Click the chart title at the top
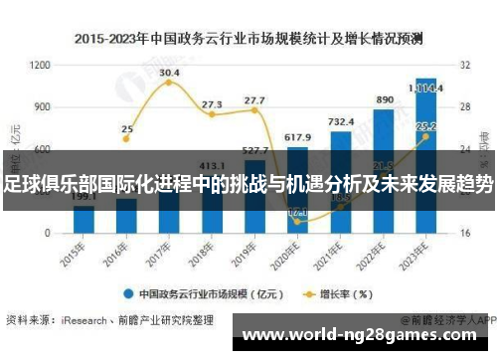[248, 40]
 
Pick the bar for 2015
[83, 219]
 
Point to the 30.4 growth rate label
[169, 73]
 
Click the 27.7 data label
[254, 100]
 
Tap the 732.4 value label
[340, 121]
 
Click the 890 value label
[384, 100]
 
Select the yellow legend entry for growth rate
[338, 293]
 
